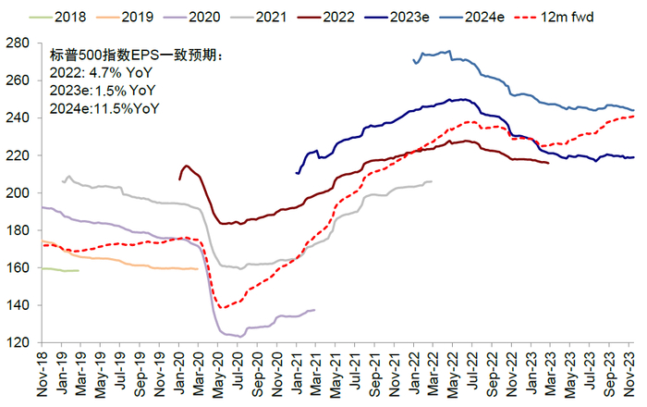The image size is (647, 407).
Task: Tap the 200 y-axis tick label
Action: pos(22,192)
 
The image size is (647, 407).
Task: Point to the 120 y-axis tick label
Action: pos(22,342)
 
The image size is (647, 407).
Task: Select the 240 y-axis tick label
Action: pos(22,117)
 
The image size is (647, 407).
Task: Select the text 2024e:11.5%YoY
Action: pos(103,108)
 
